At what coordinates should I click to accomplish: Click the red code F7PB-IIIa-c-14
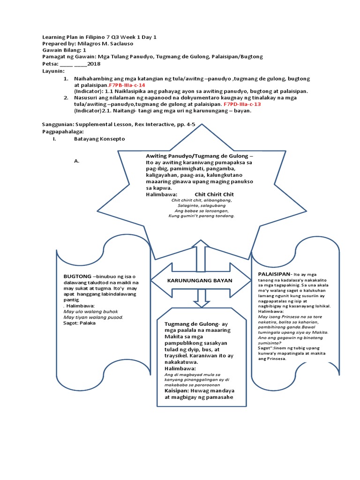point(127,85)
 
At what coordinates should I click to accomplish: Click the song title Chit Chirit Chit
point(214,194)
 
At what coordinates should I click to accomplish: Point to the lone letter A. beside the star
point(77,161)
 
